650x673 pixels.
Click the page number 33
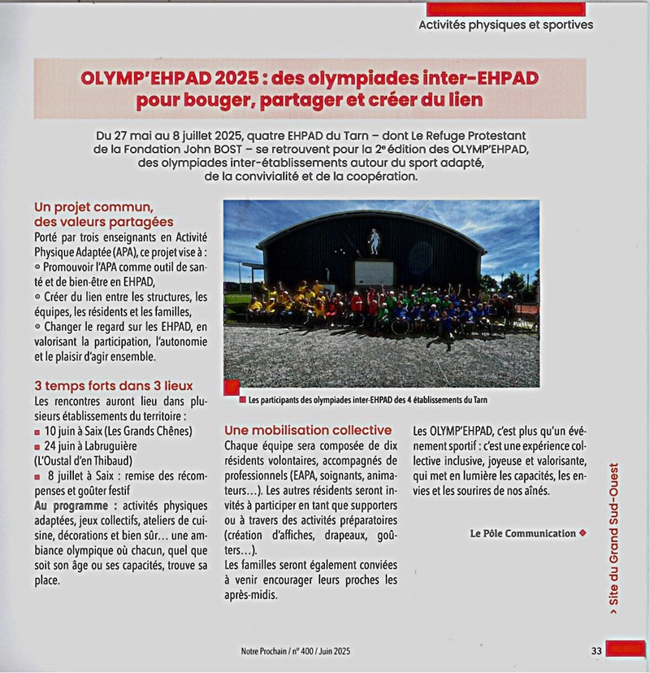pos(596,649)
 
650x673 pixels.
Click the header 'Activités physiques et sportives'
pos(505,24)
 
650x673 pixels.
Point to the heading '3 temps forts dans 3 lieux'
pos(114,385)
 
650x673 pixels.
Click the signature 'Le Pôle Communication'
pos(522,533)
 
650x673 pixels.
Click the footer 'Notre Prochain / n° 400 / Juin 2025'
pos(295,650)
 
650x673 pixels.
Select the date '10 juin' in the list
pos(63,431)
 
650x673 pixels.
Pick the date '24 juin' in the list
pos(63,446)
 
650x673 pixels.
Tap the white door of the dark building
pos(375,272)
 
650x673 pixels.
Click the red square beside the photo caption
pos(232,389)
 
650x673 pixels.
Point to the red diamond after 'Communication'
pos(583,533)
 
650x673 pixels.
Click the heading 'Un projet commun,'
pos(93,207)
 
